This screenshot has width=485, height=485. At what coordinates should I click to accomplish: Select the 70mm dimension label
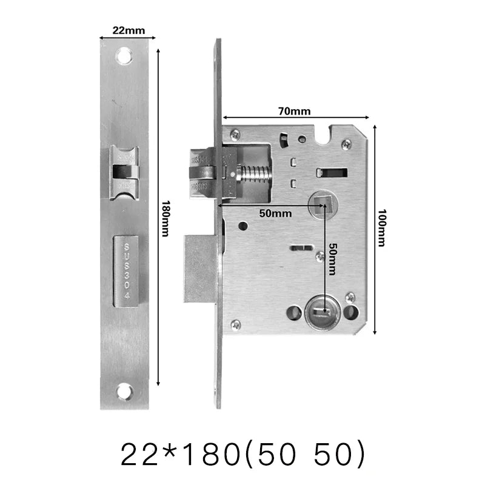(x=295, y=111)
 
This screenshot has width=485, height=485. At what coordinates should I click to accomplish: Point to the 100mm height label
(x=381, y=229)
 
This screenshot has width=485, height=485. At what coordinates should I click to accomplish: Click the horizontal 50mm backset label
(x=275, y=213)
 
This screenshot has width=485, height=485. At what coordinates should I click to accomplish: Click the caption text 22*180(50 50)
(x=243, y=455)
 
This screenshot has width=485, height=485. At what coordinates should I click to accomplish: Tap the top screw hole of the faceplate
(x=124, y=56)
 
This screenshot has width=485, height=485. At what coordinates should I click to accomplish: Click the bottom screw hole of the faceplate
(x=124, y=391)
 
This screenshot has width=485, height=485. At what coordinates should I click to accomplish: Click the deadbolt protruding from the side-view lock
(x=199, y=269)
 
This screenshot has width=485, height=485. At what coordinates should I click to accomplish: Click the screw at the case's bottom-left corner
(x=236, y=324)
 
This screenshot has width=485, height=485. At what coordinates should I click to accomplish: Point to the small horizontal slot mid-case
(x=301, y=247)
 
